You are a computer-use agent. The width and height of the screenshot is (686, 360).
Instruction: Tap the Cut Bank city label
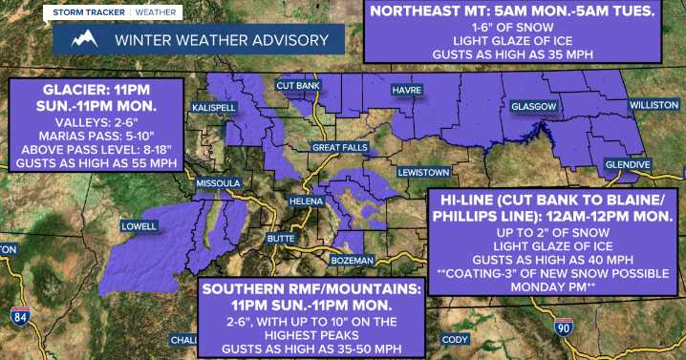[x=296, y=86]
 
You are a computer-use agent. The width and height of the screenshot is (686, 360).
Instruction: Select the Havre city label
[x=407, y=91]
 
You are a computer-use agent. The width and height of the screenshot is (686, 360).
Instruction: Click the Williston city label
[x=653, y=103]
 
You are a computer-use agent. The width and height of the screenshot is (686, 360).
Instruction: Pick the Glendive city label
[x=628, y=165]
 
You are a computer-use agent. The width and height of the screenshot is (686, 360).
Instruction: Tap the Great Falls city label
[x=339, y=147]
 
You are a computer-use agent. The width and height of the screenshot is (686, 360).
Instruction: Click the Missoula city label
[x=218, y=182]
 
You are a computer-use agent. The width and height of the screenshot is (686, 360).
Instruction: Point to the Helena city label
[x=306, y=202]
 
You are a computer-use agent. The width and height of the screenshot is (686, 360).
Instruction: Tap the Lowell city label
[x=139, y=226]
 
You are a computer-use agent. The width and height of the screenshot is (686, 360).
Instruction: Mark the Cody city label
[x=454, y=340]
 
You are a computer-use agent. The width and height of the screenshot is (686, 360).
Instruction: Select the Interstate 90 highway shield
[x=564, y=328]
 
